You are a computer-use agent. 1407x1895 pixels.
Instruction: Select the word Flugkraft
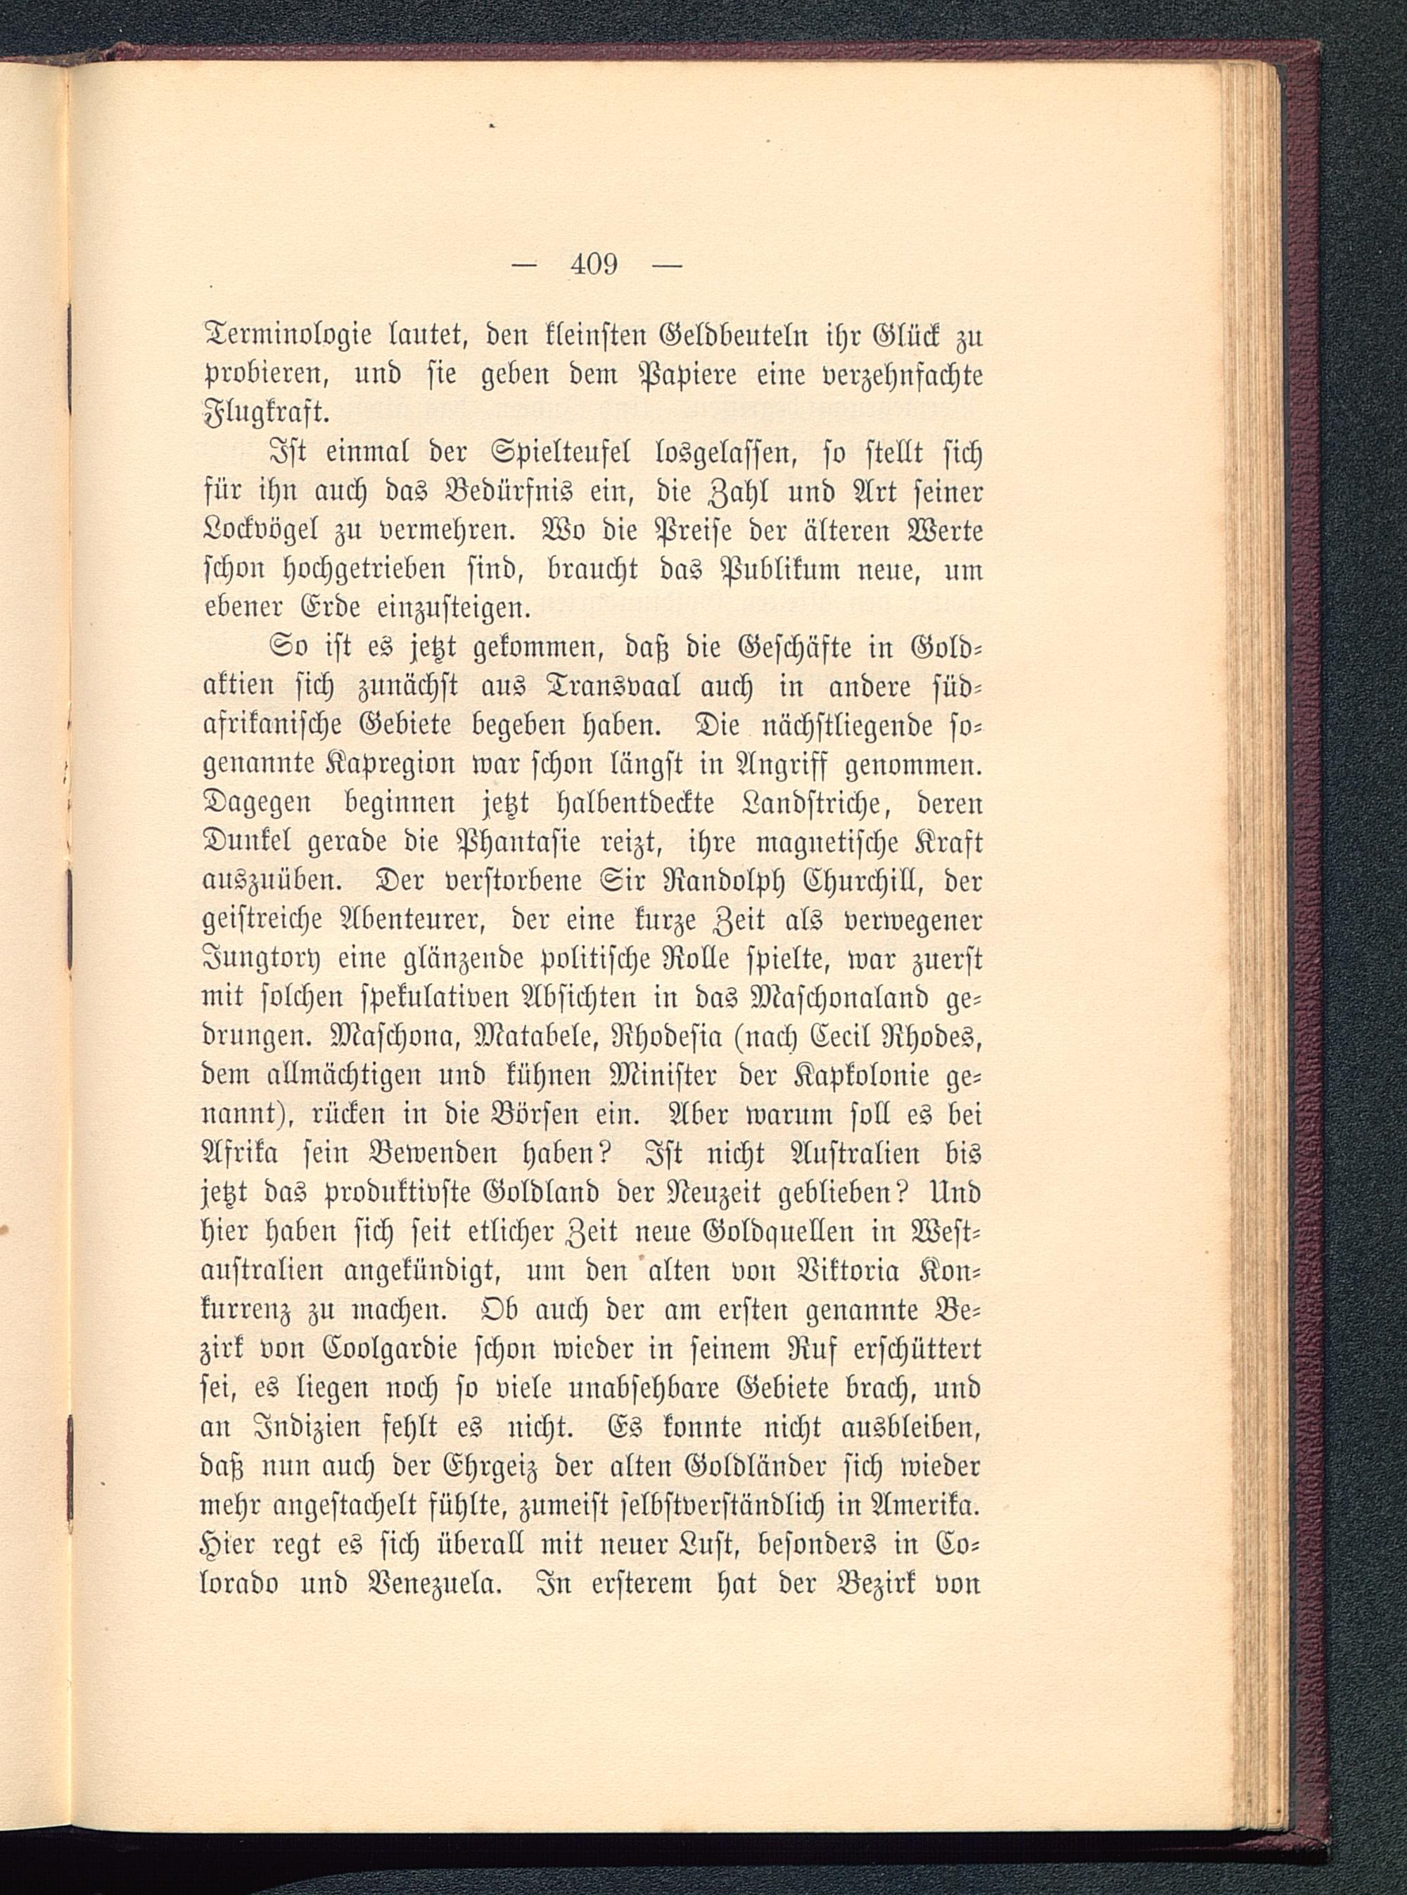click(262, 417)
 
